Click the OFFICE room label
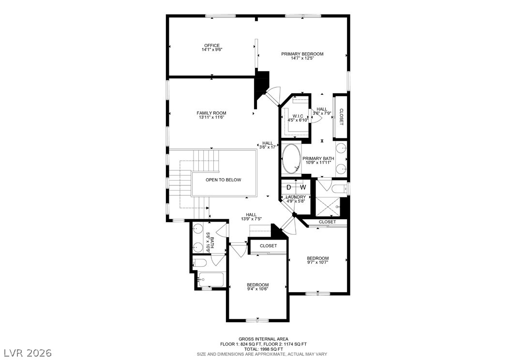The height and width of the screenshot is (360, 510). [212, 45]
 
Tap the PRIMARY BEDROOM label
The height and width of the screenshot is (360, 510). [302, 54]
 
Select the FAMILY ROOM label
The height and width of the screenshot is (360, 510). [211, 113]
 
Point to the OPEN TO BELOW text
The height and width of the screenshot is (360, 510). [224, 180]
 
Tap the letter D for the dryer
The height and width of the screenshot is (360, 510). [288, 187]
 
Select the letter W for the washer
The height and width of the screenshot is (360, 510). [303, 187]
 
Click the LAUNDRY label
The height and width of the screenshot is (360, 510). [296, 197]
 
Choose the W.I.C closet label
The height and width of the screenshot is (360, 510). [298, 116]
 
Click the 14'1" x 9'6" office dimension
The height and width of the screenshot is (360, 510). [212, 50]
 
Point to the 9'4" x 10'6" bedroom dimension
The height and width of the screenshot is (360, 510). [257, 289]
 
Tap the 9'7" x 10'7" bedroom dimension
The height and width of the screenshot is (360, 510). [318, 262]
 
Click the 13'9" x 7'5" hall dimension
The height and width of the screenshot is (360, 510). [251, 219]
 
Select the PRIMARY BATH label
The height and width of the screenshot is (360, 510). [318, 159]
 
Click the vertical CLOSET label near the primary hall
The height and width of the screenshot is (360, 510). [341, 117]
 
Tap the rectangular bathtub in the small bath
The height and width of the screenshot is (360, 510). [211, 279]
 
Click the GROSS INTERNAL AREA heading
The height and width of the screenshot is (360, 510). [263, 339]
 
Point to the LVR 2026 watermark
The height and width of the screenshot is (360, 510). [28, 353]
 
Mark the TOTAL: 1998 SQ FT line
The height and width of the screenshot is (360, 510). [263, 349]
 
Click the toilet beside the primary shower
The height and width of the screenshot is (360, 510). [339, 188]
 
